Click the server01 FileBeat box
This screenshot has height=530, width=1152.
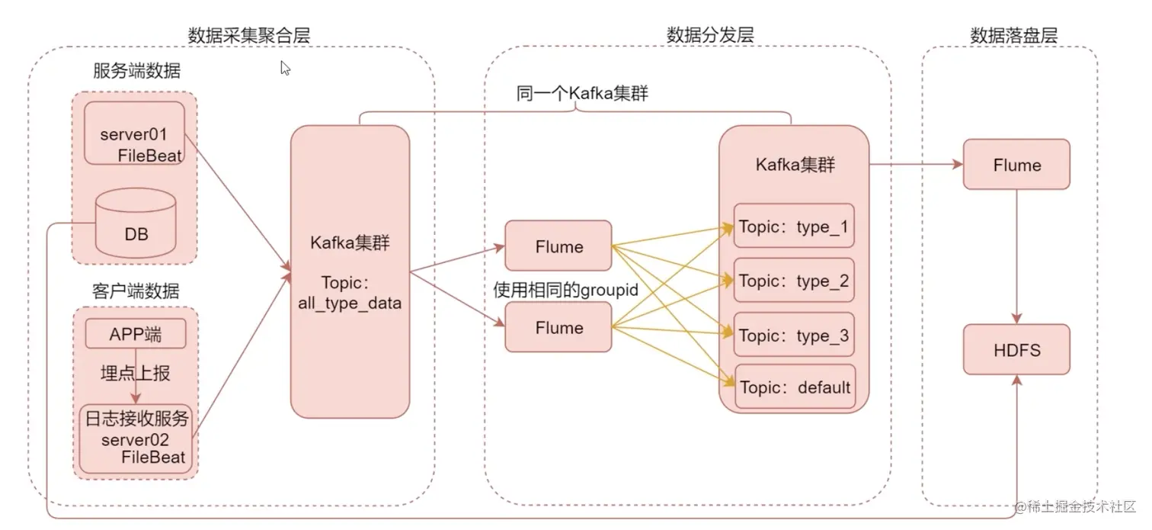coord(134,133)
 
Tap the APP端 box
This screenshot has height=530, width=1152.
coord(136,334)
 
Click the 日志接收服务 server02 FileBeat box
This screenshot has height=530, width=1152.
coord(136,438)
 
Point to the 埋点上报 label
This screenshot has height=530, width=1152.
coord(136,373)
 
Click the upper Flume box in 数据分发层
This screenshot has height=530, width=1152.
coord(558,246)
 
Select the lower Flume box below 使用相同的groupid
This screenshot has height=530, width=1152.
coord(558,327)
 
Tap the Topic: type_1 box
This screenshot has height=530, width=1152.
coord(793,226)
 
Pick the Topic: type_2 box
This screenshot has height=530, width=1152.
coord(793,281)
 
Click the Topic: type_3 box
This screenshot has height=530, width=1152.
coord(793,335)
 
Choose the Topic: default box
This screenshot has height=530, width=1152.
coord(793,387)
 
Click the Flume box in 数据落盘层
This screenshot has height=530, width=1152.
coord(1016,165)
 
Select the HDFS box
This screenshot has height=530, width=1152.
coord(1016,350)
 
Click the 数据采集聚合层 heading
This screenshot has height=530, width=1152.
coord(249,34)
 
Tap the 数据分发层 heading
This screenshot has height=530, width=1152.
coord(710,34)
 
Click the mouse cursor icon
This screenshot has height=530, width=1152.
coord(286,69)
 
